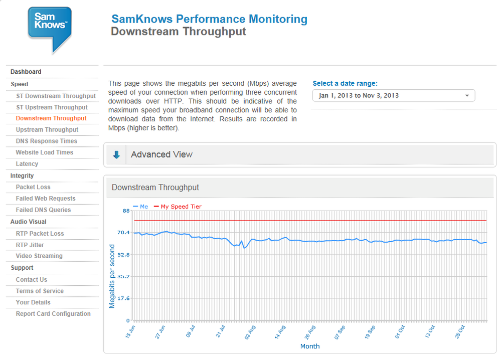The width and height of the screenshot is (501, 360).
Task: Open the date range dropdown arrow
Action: tap(467, 95)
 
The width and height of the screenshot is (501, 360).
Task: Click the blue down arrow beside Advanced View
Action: tap(116, 155)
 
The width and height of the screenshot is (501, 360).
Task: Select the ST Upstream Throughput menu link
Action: tap(52, 107)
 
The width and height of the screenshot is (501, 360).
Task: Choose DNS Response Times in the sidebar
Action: tap(46, 141)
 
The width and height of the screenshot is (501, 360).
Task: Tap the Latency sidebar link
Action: tap(27, 164)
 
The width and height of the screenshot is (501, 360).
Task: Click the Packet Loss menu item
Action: tap(33, 187)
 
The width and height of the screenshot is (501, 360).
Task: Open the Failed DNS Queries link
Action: tap(43, 210)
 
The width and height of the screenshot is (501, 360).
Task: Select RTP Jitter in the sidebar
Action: tap(30, 245)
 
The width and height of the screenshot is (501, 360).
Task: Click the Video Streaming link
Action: tap(39, 256)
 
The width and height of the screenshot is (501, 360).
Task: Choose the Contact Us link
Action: tap(31, 279)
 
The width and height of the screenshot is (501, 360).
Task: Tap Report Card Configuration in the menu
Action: tap(53, 314)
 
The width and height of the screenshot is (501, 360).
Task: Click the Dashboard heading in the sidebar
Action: tap(26, 72)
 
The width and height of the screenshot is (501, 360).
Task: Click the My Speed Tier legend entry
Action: tap(178, 207)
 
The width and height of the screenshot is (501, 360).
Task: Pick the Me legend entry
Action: tap(140, 207)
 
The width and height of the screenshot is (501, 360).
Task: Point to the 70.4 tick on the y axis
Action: tap(123, 232)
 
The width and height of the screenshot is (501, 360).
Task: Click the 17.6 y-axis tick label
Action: tap(123, 298)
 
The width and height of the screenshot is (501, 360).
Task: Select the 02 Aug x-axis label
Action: tap(250, 332)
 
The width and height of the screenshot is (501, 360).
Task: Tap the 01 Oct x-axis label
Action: tap(400, 332)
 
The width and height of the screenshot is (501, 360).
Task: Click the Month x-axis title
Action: tap(310, 346)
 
